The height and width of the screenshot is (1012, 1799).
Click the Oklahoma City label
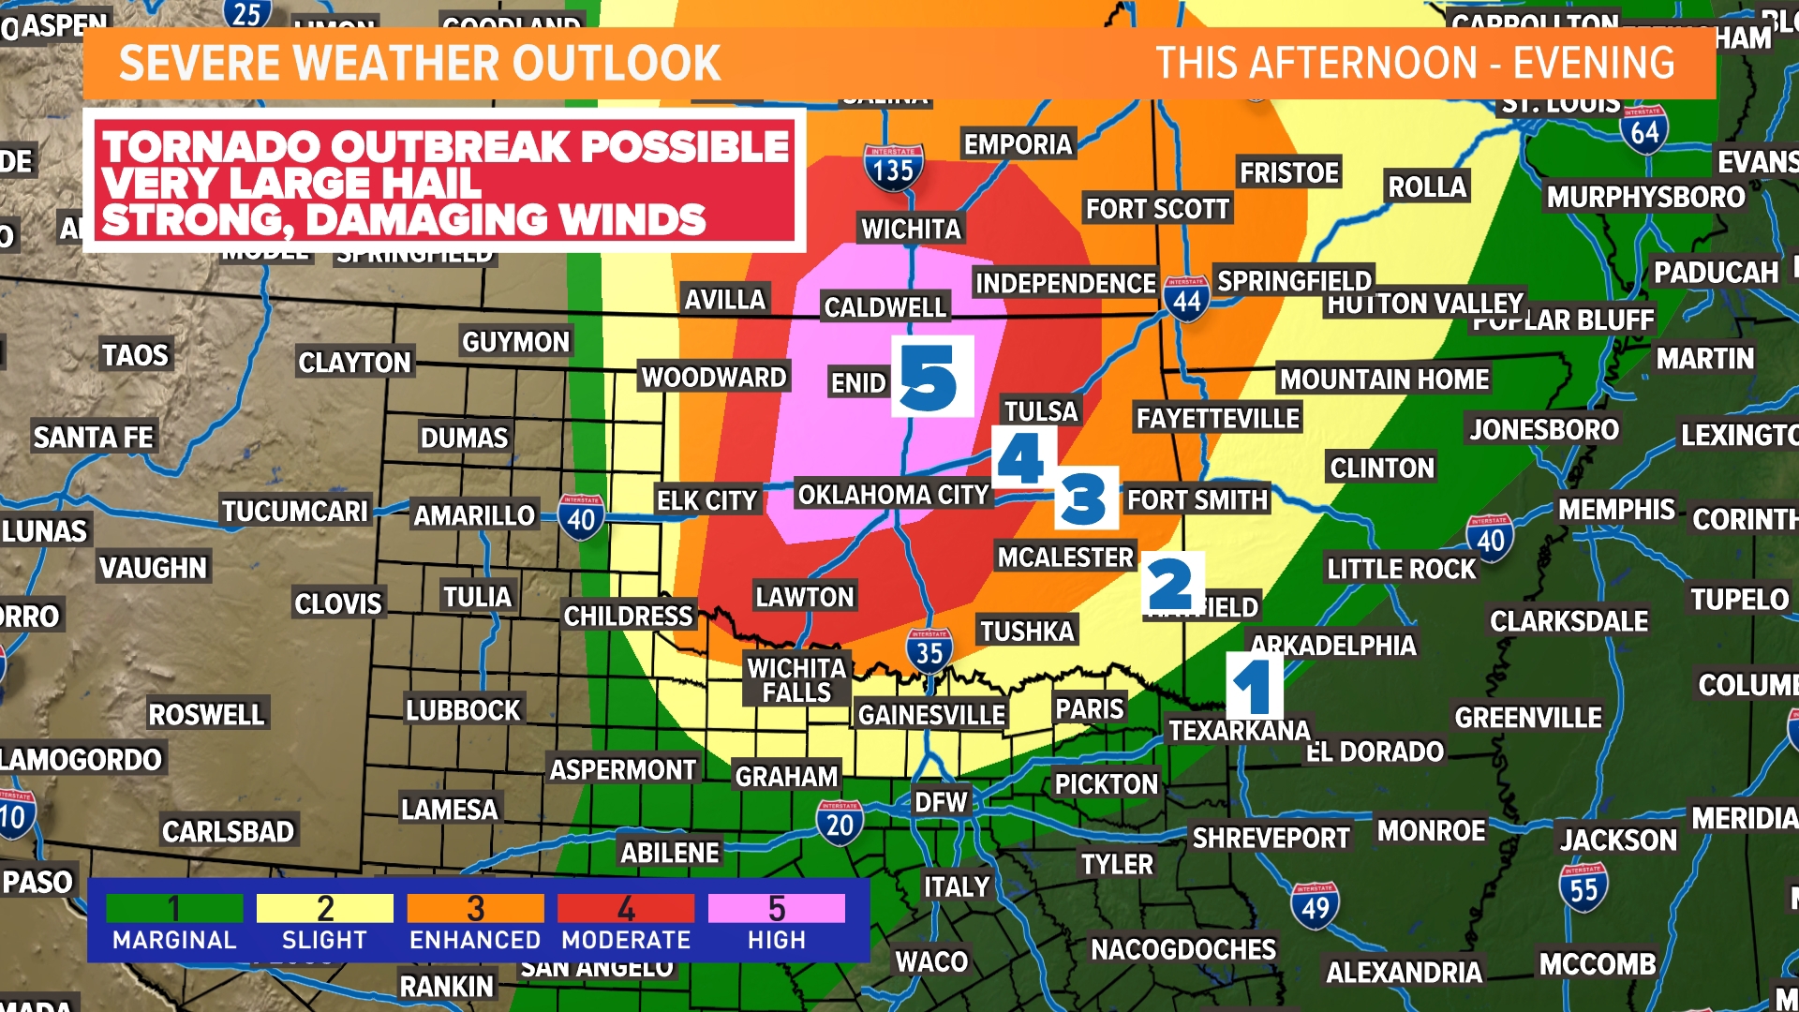click(893, 495)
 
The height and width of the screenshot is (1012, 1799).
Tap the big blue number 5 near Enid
click(929, 378)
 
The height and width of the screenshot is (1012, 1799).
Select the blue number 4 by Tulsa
click(1021, 458)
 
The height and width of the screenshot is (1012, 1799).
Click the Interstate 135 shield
click(893, 167)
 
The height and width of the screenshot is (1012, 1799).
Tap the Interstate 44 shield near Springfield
click(1186, 299)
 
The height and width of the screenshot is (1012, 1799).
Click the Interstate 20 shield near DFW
click(840, 823)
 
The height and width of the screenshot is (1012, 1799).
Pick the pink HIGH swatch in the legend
click(776, 908)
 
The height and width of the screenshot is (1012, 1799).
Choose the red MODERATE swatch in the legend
click(626, 908)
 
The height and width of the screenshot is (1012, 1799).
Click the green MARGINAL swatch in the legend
click(174, 908)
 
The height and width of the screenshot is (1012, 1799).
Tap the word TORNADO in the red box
click(211, 147)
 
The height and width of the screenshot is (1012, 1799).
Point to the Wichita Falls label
click(796, 680)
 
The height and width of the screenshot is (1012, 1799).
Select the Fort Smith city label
click(1197, 500)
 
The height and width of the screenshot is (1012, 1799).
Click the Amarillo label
click(474, 515)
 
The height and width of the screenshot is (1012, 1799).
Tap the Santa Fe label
click(93, 438)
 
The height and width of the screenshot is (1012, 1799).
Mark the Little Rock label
click(1401, 569)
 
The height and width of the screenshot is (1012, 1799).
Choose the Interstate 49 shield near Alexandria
click(1315, 905)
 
